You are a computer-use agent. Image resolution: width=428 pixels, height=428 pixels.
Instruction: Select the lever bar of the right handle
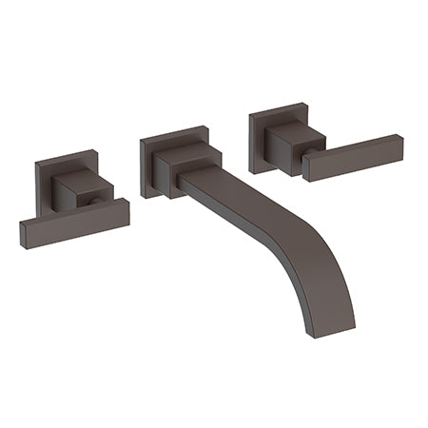352,155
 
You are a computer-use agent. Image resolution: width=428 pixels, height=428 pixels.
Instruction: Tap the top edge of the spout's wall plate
171,132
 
